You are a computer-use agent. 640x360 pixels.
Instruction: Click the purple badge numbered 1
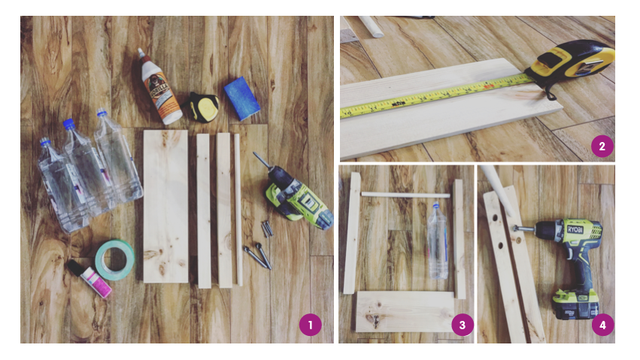coord(310,325)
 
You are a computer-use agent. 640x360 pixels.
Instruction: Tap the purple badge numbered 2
coord(602,144)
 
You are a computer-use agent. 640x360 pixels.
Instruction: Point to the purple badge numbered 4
coord(602,325)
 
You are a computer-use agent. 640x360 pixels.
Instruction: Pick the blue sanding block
coord(242,98)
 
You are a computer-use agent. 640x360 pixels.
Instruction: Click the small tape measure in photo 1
coord(202,107)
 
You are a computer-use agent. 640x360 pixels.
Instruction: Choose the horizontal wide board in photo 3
coord(405,312)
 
